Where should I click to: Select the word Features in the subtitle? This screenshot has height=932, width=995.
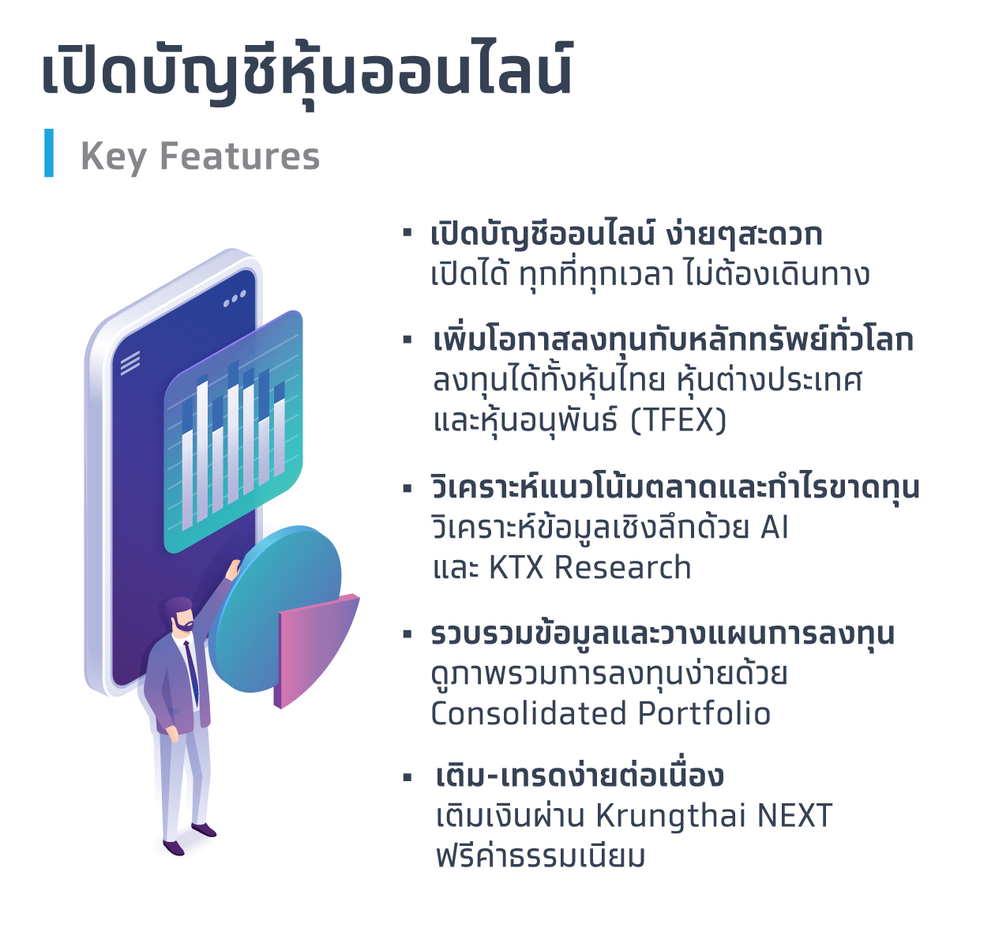pyautogui.click(x=240, y=156)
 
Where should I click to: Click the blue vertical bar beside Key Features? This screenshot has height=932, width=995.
pyautogui.click(x=49, y=153)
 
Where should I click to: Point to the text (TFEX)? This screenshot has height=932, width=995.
pyautogui.click(x=678, y=420)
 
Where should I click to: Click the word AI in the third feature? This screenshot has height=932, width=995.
pyautogui.click(x=775, y=528)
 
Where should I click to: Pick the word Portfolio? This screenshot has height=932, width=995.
pyautogui.click(x=704, y=713)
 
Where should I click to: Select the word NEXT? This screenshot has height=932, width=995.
pyautogui.click(x=794, y=816)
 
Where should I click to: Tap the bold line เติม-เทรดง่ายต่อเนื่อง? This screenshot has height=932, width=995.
pyautogui.click(x=580, y=776)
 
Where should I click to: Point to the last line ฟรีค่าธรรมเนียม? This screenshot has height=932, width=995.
pyautogui.click(x=540, y=856)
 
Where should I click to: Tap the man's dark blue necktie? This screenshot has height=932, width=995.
pyautogui.click(x=191, y=671)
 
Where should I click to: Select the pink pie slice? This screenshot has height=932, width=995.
pyautogui.click(x=312, y=648)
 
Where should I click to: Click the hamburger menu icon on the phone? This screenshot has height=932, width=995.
pyautogui.click(x=130, y=363)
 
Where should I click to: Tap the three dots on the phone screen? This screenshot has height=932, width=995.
pyautogui.click(x=235, y=299)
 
